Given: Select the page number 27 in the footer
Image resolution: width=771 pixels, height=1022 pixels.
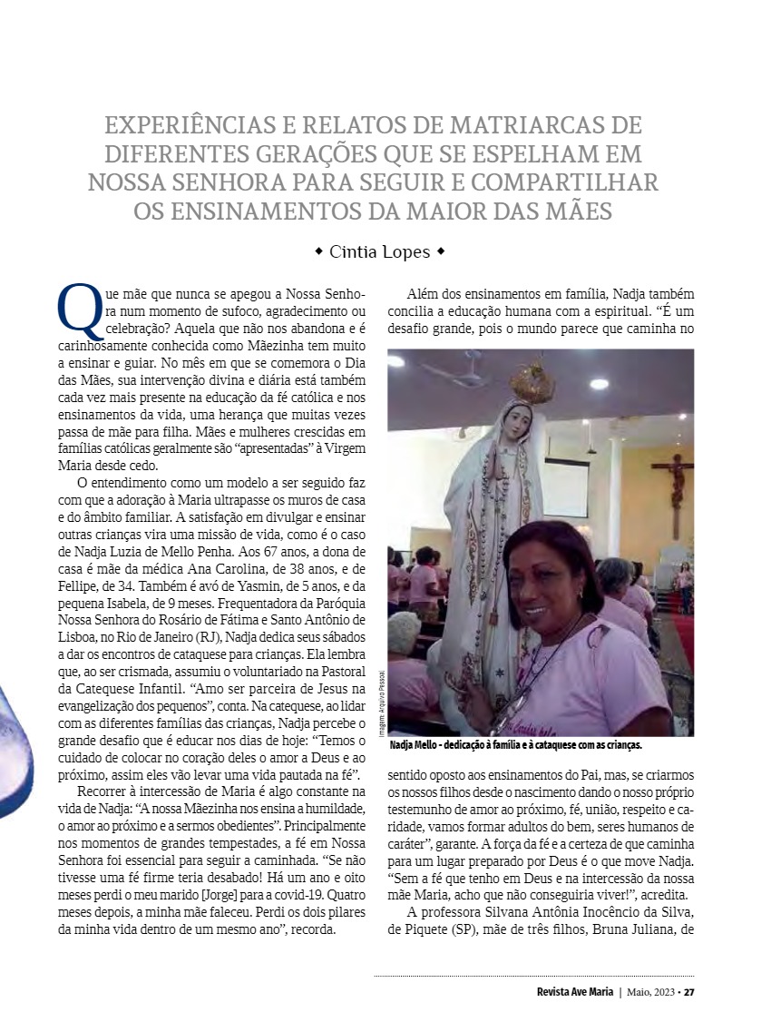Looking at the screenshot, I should (689, 991).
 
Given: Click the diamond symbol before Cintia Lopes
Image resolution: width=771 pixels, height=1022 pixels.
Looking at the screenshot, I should (318, 251).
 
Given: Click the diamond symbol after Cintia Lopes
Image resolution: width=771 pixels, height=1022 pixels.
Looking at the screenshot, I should (440, 251).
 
